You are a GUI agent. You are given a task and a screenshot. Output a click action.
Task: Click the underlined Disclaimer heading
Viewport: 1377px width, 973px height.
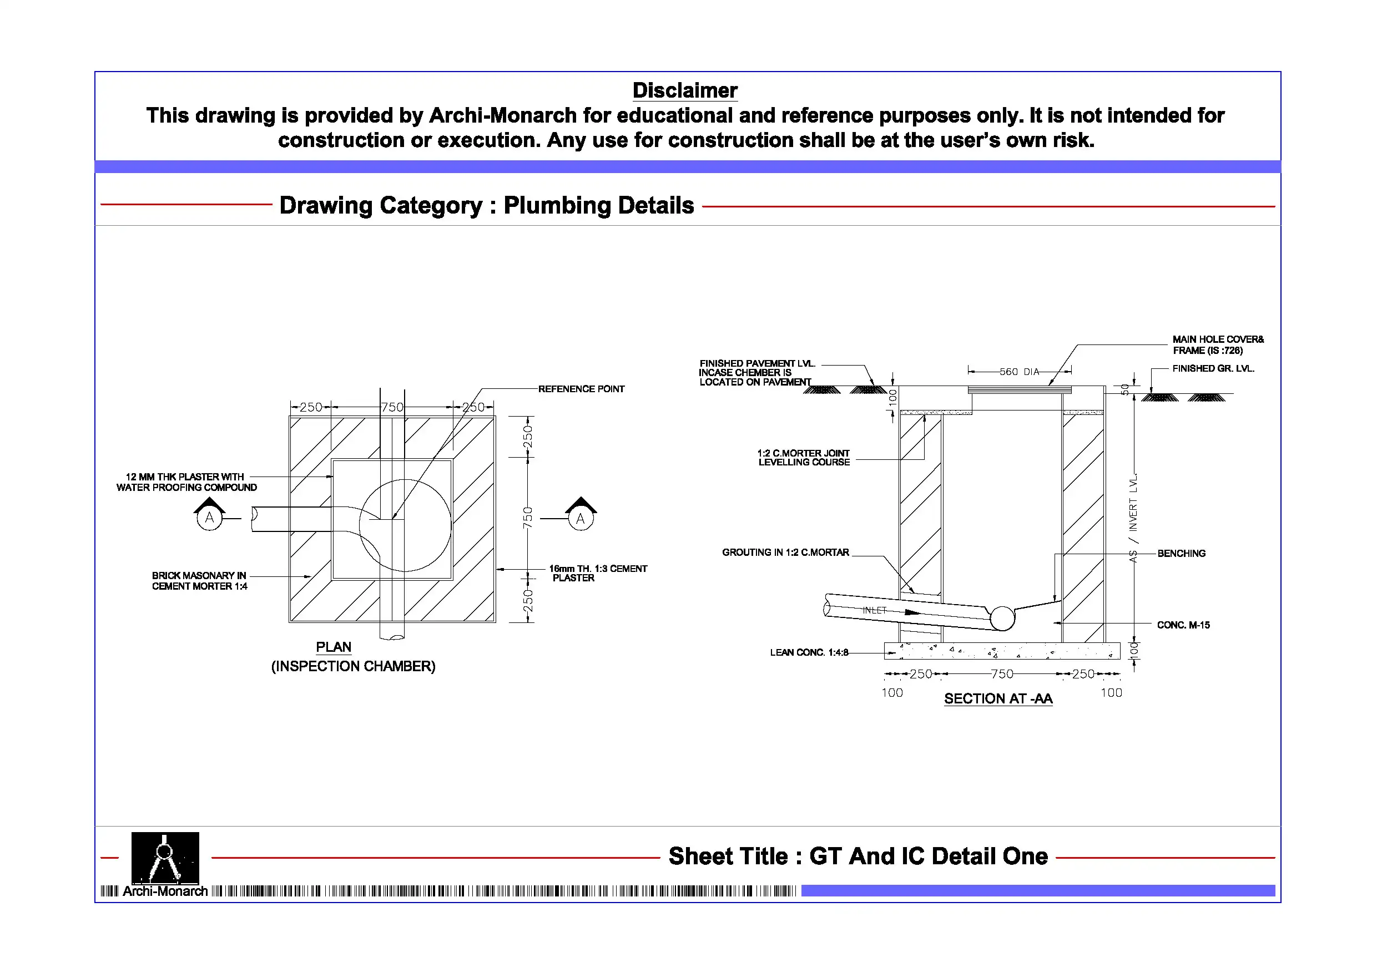(x=685, y=90)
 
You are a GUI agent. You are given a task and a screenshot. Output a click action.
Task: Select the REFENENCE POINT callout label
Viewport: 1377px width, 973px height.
(x=581, y=389)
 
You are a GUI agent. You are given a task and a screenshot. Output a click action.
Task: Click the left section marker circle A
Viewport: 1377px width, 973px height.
(x=209, y=518)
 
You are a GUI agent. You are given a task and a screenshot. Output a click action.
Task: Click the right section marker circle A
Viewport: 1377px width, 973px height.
(x=580, y=519)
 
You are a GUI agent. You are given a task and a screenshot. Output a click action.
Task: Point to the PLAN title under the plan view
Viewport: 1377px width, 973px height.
(x=334, y=647)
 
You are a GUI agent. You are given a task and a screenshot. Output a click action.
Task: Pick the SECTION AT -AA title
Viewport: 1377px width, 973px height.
(x=998, y=698)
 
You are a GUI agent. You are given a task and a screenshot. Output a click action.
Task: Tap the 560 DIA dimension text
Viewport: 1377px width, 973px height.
(x=1019, y=372)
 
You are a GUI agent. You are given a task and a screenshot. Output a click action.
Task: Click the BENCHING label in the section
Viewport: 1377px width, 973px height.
(x=1181, y=553)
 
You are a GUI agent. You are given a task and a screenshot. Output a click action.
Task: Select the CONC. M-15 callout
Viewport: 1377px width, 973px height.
(x=1183, y=625)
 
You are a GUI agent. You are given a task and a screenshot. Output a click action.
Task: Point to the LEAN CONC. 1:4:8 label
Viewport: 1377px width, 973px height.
(x=809, y=652)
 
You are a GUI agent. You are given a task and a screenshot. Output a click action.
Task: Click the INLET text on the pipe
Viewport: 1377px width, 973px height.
(x=874, y=610)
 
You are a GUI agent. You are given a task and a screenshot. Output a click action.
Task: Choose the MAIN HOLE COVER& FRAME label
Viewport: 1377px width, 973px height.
(x=1218, y=344)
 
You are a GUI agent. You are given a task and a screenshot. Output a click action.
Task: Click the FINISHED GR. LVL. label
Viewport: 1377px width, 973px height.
(x=1213, y=369)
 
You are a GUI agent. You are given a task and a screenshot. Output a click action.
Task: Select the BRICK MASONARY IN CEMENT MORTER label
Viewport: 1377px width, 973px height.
(x=199, y=581)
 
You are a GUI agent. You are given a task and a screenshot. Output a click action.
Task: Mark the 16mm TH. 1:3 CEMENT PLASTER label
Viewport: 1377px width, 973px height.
(x=597, y=573)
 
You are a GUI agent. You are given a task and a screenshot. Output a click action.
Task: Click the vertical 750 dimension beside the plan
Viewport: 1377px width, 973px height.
(x=527, y=518)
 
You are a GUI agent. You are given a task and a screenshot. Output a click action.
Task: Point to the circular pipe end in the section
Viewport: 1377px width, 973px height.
(x=1002, y=618)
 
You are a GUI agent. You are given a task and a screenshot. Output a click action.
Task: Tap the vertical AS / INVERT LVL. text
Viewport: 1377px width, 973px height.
(x=1133, y=518)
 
